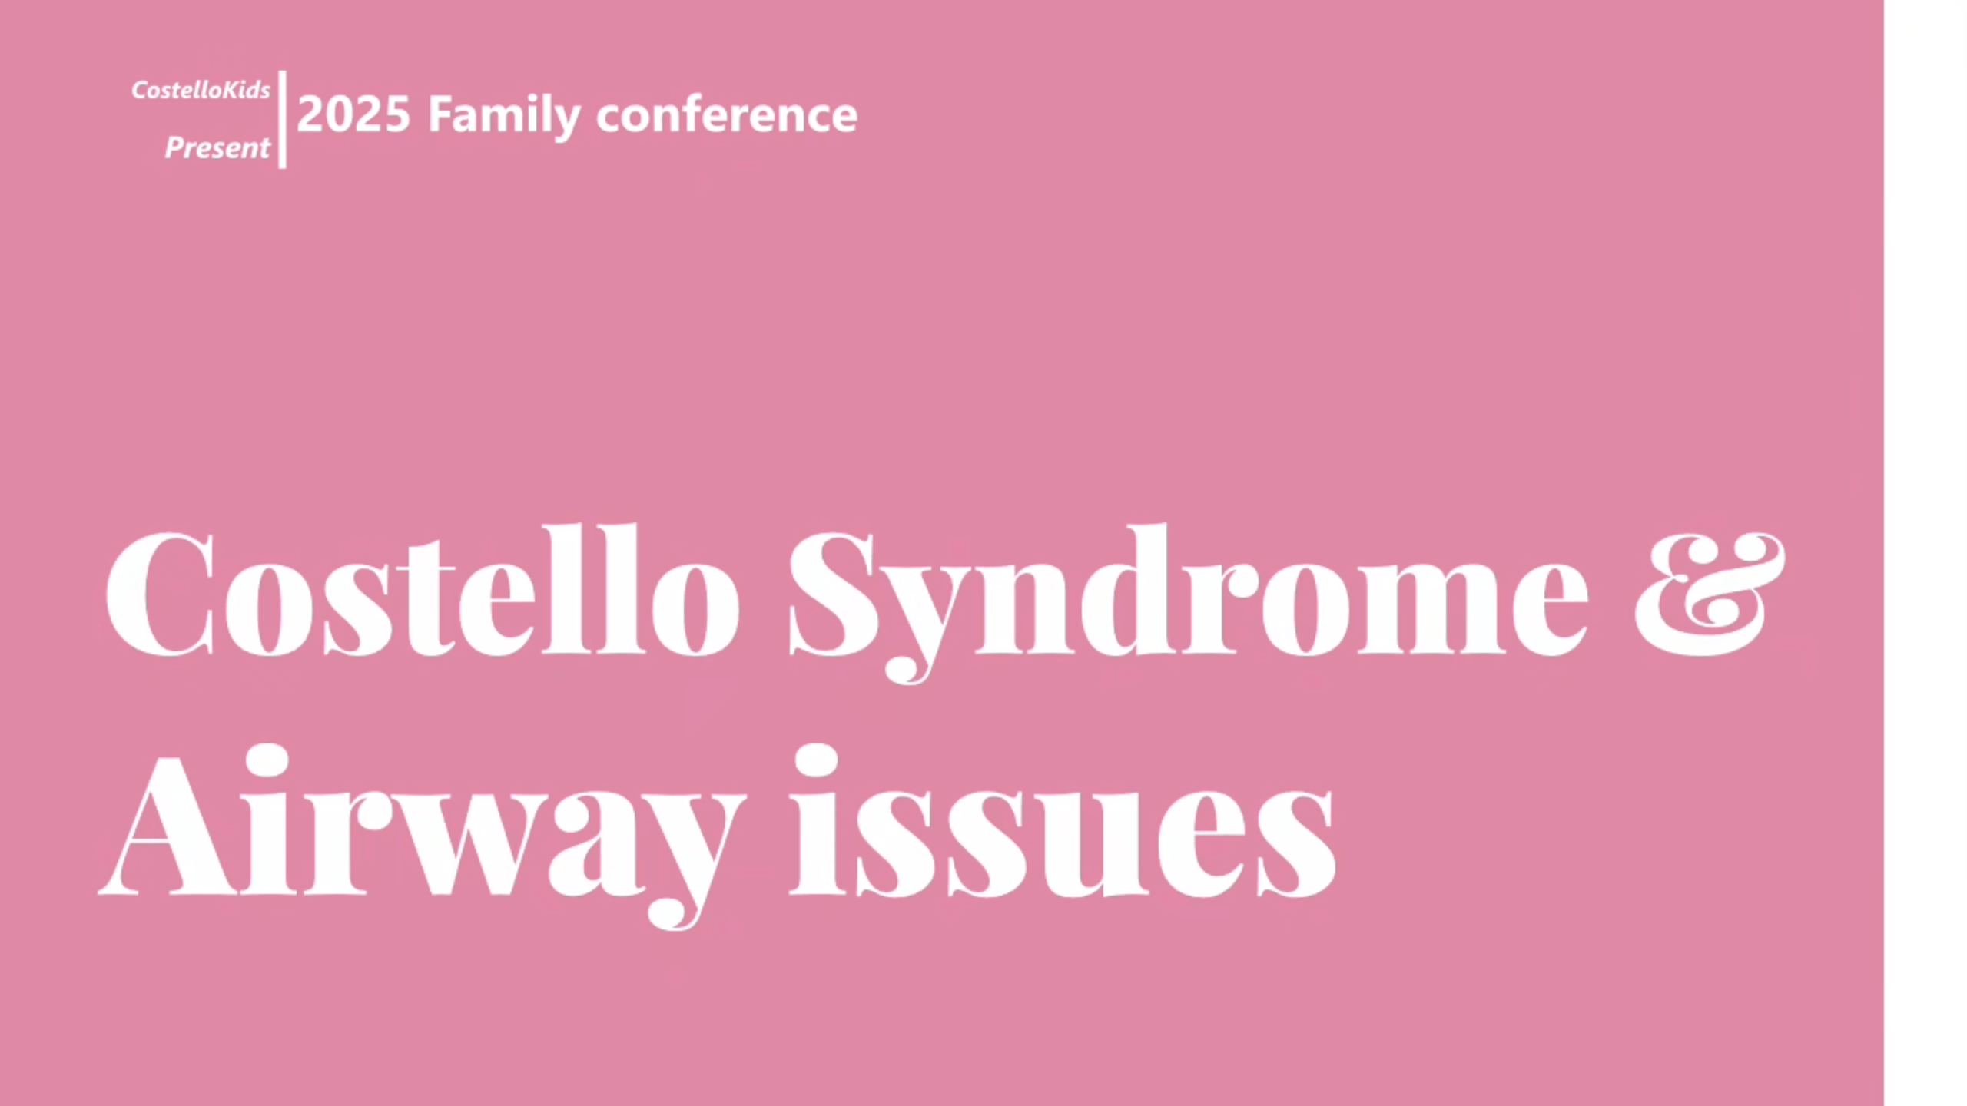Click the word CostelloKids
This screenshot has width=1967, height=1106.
click(x=201, y=90)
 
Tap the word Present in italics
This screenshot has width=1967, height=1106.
click(x=217, y=147)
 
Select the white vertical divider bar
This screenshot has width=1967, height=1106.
click(x=282, y=119)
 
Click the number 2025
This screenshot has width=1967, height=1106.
click(x=353, y=114)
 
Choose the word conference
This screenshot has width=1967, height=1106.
click(x=727, y=115)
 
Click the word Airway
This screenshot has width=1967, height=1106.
click(x=423, y=837)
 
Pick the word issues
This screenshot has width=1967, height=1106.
click(x=1063, y=822)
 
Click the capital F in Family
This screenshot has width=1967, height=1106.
click(x=443, y=114)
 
